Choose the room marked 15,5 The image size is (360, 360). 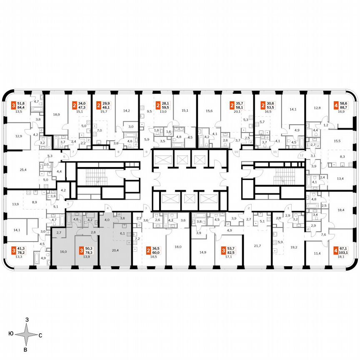click(x=337, y=141)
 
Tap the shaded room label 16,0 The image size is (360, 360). click(x=63, y=252)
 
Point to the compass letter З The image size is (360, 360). click(x=27, y=320)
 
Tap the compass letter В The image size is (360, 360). click(x=26, y=349)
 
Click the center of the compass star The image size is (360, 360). click(x=26, y=334)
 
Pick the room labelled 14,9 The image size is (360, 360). click(x=203, y=252)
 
